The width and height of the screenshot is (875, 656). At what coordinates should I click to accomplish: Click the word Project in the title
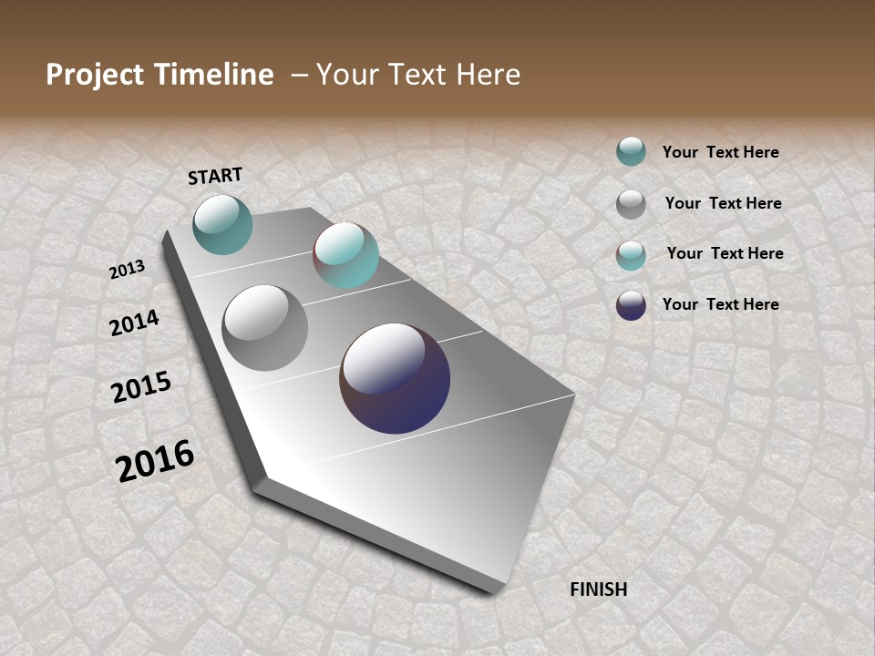(x=96, y=75)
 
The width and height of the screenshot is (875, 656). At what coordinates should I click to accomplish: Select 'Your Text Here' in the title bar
(x=417, y=75)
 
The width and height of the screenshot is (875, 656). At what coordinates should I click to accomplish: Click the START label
(x=215, y=176)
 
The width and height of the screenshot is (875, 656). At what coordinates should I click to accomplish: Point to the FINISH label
(x=599, y=589)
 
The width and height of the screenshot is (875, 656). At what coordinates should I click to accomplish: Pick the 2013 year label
(x=127, y=270)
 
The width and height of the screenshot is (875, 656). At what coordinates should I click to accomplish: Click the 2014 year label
(x=134, y=323)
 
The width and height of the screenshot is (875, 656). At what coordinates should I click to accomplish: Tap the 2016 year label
(x=155, y=461)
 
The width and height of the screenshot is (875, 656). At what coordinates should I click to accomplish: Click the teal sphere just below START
(x=222, y=224)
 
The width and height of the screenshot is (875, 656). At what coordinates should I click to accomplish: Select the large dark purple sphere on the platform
(x=395, y=378)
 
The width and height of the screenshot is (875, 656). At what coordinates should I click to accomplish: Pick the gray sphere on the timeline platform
(x=264, y=328)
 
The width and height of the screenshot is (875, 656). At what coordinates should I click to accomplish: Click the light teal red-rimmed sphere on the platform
(x=345, y=255)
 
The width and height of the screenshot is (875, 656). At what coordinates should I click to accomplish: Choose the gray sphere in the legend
(x=631, y=204)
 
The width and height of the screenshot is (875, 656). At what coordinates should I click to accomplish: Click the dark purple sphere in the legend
(x=631, y=305)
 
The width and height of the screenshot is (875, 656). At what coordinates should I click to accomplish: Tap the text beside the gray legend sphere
(x=723, y=203)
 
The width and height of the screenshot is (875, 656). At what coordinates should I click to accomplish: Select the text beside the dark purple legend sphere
(x=720, y=304)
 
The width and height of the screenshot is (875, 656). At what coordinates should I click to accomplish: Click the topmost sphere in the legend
(x=631, y=151)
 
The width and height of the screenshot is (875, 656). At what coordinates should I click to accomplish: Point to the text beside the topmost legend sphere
(x=720, y=152)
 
